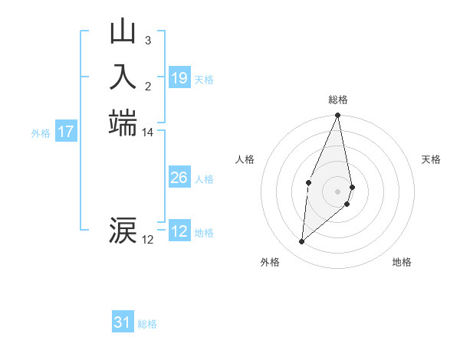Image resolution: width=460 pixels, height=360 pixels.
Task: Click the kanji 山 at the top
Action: click(123, 33)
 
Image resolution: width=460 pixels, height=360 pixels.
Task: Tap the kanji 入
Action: click(123, 77)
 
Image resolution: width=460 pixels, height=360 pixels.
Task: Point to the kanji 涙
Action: click(123, 230)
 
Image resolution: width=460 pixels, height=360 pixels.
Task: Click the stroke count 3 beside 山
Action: click(147, 40)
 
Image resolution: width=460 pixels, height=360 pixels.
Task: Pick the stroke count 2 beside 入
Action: click(147, 85)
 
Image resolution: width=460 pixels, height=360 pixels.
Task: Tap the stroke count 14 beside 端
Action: click(147, 133)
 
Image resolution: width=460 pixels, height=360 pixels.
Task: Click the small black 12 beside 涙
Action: click(147, 240)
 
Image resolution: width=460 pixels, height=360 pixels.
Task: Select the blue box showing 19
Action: click(179, 78)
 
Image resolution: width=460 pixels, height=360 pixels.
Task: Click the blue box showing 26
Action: click(179, 178)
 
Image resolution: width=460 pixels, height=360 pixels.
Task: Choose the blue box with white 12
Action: click(179, 231)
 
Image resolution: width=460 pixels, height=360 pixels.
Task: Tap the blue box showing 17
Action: click(66, 132)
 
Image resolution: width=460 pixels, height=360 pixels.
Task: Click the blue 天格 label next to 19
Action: click(204, 80)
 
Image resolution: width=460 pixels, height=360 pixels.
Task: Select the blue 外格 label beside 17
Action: click(41, 133)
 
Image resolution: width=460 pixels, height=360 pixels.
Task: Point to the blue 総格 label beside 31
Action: click(147, 324)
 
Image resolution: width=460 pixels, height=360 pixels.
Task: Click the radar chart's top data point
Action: click(337, 116)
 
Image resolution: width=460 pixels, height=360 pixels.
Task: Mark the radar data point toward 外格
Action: click(302, 242)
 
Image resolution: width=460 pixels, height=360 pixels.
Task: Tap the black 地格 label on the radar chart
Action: click(402, 262)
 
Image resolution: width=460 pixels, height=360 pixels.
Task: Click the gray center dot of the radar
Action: click(337, 191)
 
